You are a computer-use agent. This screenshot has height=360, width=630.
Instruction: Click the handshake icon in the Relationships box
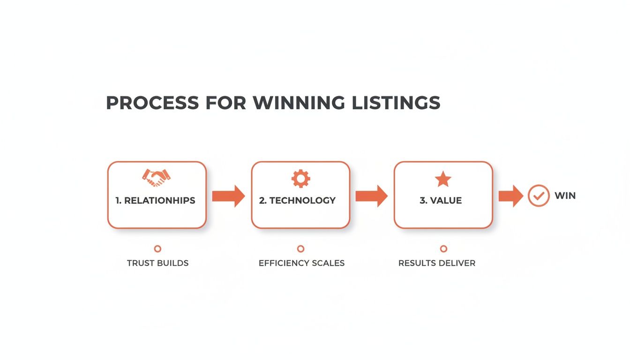point(156,177)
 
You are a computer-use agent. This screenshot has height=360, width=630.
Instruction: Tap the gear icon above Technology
point(300,178)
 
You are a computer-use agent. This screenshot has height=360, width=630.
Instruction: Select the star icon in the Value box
point(443,179)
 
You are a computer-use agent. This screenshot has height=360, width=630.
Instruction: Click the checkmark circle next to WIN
point(539,196)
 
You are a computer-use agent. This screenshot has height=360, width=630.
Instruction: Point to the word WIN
point(565,196)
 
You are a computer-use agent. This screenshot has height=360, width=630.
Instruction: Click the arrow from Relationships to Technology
point(228,196)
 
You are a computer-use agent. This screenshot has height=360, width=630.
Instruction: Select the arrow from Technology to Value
point(372,196)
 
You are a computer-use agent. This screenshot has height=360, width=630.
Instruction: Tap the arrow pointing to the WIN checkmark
point(510,196)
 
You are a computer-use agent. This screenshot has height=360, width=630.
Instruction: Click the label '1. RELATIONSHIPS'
point(155,201)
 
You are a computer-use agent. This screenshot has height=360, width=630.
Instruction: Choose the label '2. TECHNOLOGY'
point(297,201)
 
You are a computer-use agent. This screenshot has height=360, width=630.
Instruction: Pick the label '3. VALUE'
point(441,201)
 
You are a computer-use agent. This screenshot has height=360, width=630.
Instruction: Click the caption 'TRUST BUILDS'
point(157,263)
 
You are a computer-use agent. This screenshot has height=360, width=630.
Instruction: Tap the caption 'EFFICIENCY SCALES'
point(301,263)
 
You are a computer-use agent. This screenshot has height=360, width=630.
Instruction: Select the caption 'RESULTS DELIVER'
point(437,263)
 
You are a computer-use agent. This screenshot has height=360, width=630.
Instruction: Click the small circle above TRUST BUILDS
point(157,249)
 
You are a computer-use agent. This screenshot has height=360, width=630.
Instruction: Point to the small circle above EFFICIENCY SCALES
point(300,249)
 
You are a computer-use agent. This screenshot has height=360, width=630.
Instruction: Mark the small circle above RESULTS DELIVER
point(443,249)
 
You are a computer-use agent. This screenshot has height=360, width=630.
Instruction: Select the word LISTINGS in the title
point(396,103)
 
